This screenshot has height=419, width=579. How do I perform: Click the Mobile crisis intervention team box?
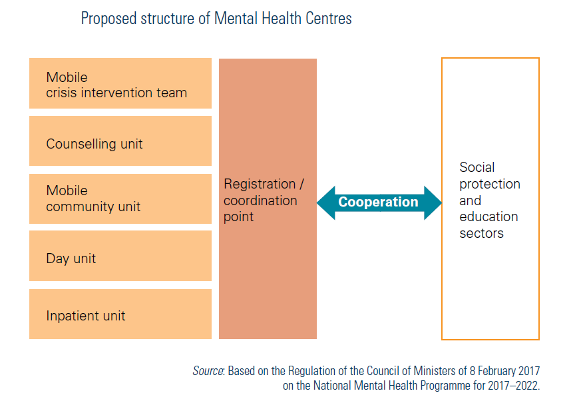pos(120,83)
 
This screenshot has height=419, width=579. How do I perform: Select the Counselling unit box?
pos(120,141)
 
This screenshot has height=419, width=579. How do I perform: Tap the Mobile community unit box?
pos(120,199)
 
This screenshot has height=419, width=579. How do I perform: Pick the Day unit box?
pos(120,256)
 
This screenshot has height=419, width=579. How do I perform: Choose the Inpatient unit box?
pos(120,314)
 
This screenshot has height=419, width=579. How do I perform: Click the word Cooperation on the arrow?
pos(378,202)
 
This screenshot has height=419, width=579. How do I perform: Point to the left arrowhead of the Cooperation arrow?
pos(326,203)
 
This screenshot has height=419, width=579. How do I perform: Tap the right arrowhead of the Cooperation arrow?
pos(433,203)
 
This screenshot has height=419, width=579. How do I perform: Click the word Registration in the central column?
pos(260,185)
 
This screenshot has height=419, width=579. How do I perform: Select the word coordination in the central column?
pos(260,201)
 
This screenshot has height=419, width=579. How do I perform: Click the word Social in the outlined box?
pos(477,167)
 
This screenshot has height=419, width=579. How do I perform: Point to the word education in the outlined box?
pos(488,217)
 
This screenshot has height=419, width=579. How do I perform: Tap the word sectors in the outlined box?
pos(482,234)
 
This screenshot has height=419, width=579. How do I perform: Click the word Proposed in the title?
pos(109,19)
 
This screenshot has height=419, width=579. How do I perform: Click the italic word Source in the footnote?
pos(208,370)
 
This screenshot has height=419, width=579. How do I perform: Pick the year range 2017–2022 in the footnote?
pos(513,386)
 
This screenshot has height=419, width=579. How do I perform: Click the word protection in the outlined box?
pos(490,185)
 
